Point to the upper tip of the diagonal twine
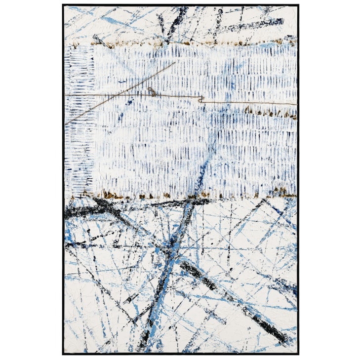(x=175, y=63)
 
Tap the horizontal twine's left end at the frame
(x=65, y=94)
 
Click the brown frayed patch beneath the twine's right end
(x=277, y=115)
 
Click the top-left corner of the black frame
(x=63, y=5)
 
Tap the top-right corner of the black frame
(x=298, y=5)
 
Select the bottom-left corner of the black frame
(x=63, y=355)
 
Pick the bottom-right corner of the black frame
(x=298, y=355)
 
